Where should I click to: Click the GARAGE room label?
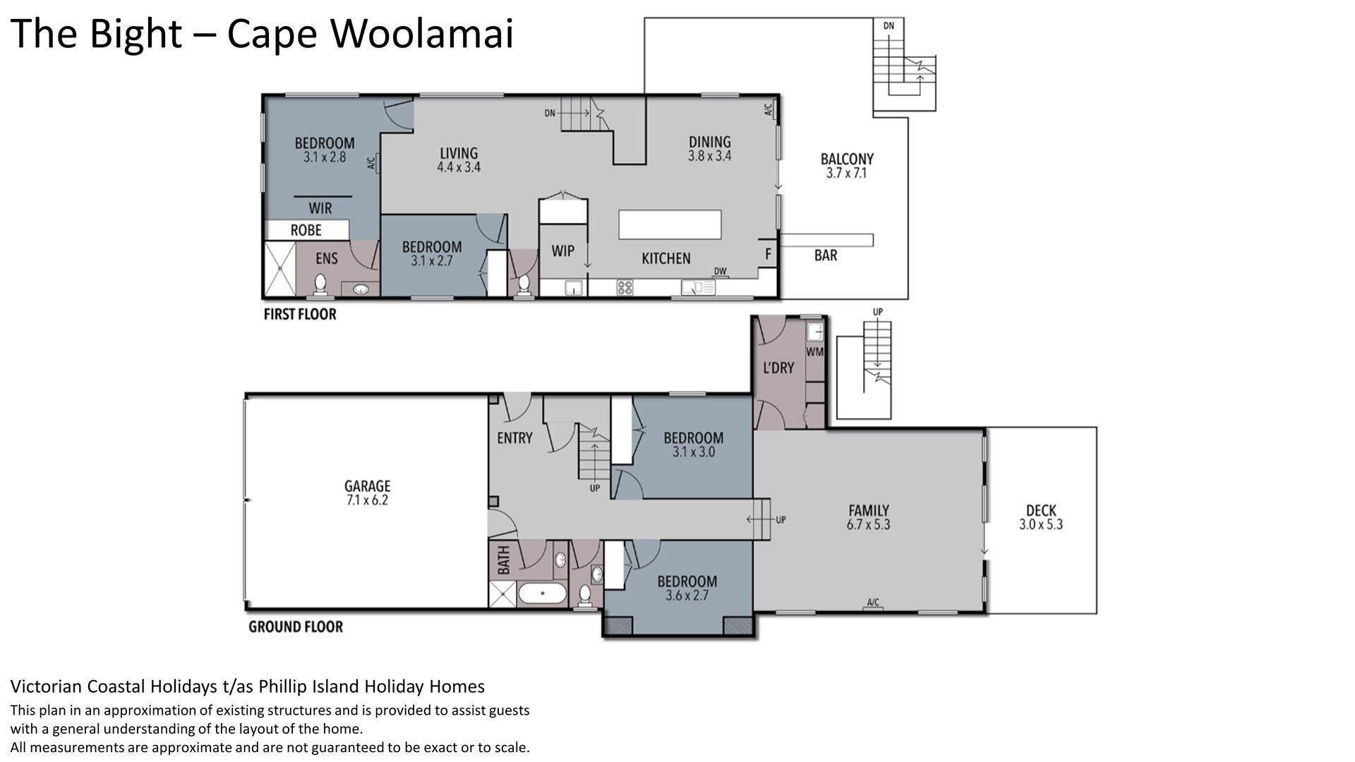click(x=367, y=486)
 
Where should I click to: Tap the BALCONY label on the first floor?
click(x=847, y=159)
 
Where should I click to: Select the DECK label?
click(x=1041, y=510)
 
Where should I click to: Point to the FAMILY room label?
click(x=869, y=510)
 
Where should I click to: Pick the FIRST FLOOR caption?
click(x=300, y=314)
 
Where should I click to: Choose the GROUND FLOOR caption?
click(x=296, y=627)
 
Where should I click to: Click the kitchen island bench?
click(x=670, y=224)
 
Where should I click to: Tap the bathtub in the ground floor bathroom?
click(x=542, y=593)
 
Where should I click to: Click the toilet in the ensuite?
click(x=320, y=284)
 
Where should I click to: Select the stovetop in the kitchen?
click(x=625, y=287)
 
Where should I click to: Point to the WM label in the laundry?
click(x=814, y=351)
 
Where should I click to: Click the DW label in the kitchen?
click(x=720, y=271)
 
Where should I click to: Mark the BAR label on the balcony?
click(x=826, y=255)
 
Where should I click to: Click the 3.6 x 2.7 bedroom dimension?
click(x=687, y=595)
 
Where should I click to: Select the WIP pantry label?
click(x=562, y=251)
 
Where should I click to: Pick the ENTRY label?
click(x=514, y=438)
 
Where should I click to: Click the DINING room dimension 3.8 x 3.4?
click(x=710, y=156)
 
